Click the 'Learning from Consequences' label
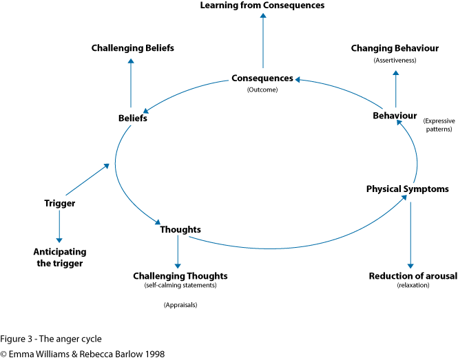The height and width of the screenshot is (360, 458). [262, 6]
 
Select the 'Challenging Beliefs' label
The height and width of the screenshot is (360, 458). [132, 48]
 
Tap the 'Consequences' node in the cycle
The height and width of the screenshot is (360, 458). [262, 78]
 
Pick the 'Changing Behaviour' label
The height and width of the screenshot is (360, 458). [395, 48]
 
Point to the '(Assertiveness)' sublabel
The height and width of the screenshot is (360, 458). [395, 61]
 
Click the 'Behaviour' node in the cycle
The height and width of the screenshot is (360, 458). [395, 116]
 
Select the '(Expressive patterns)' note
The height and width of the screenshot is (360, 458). [438, 125]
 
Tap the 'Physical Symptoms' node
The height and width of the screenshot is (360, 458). [407, 189]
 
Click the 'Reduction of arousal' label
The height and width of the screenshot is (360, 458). [413, 276]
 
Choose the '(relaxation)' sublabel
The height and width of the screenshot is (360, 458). [413, 286]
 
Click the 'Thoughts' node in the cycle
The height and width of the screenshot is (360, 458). [180, 229]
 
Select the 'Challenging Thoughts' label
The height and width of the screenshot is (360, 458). [180, 276]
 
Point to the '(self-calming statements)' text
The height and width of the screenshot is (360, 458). [180, 286]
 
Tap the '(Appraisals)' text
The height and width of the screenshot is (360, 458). [180, 305]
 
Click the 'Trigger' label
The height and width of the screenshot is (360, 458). [59, 203]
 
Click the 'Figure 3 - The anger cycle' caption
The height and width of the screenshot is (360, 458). [51, 339]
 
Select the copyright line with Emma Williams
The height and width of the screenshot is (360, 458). [83, 354]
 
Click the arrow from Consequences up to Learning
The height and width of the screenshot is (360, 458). [262, 41]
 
